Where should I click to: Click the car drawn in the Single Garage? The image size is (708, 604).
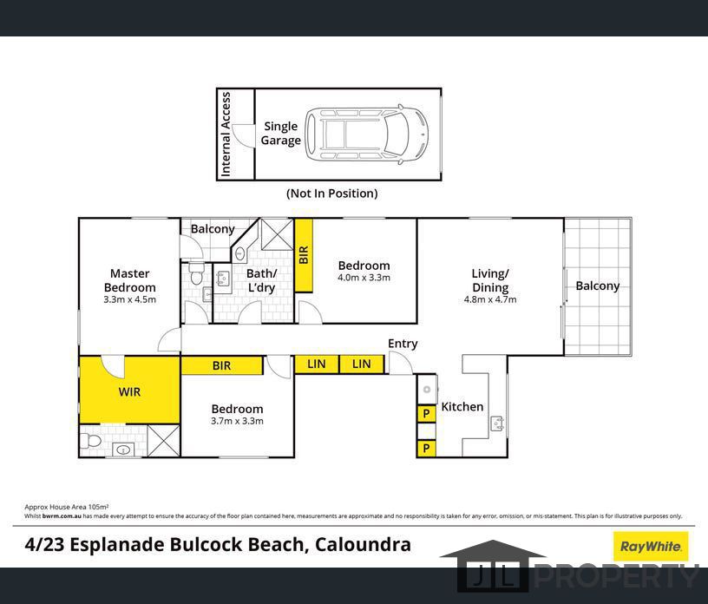point(367,135)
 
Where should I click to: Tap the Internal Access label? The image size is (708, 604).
point(226,135)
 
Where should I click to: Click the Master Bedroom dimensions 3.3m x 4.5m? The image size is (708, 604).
point(129,299)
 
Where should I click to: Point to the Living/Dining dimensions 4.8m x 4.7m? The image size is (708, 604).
point(490,299)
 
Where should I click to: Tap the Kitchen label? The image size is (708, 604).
point(462,407)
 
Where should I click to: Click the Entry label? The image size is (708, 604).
point(403,344)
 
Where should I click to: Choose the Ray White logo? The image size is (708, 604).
point(650,547)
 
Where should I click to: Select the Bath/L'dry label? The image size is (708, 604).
point(261,280)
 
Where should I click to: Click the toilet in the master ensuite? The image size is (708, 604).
point(90,440)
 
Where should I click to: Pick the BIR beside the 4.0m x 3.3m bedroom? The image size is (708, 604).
point(304,255)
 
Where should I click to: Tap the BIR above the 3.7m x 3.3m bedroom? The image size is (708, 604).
point(222,365)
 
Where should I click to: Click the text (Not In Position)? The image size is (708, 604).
point(331,194)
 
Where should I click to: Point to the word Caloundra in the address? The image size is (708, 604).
point(363,544)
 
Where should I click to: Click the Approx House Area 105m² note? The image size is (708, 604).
point(66,507)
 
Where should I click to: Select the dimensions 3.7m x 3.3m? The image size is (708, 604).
point(237,421)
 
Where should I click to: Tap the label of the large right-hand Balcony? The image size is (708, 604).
point(597,286)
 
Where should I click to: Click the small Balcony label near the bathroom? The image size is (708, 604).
point(213,228)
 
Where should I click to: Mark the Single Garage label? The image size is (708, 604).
point(280,134)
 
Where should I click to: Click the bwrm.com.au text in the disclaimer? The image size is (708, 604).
point(62,515)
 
